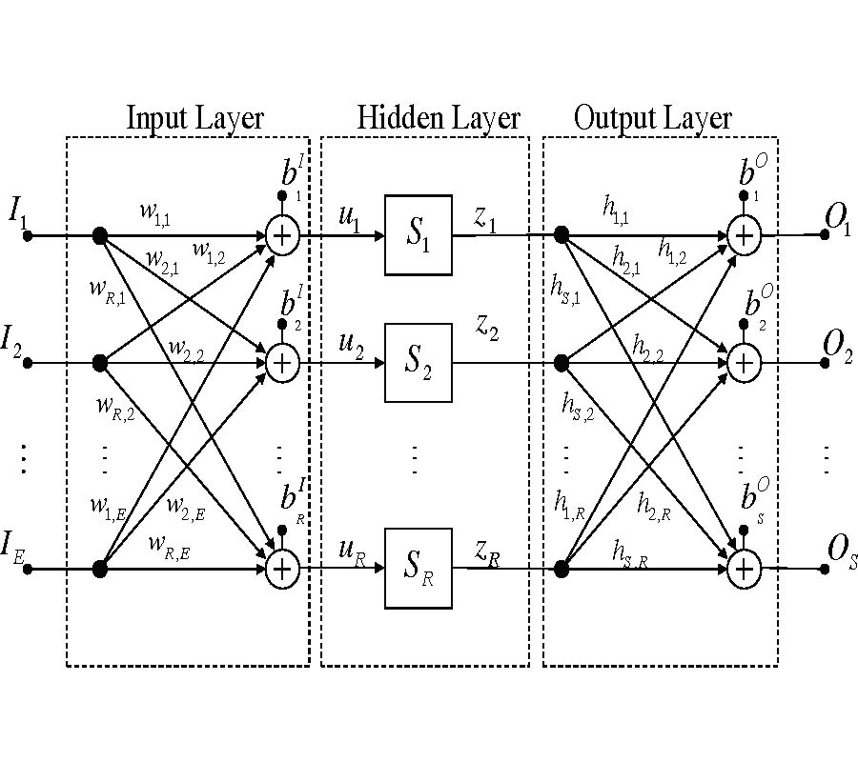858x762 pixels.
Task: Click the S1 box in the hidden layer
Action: (x=419, y=235)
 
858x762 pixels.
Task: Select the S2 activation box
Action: (x=419, y=363)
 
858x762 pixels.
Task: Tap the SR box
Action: (x=419, y=569)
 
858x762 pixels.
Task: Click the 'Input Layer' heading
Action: (x=194, y=118)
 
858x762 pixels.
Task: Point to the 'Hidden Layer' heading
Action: (x=439, y=118)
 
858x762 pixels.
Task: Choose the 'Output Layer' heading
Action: (x=653, y=118)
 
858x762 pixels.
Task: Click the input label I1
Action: (x=18, y=211)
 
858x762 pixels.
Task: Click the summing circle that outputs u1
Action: (x=282, y=235)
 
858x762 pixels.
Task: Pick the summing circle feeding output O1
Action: (x=745, y=235)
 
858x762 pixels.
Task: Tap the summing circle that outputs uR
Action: (x=282, y=569)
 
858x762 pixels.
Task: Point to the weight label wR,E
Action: (x=169, y=545)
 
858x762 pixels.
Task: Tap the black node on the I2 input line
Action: (x=99, y=363)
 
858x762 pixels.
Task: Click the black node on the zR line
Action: (x=562, y=569)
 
